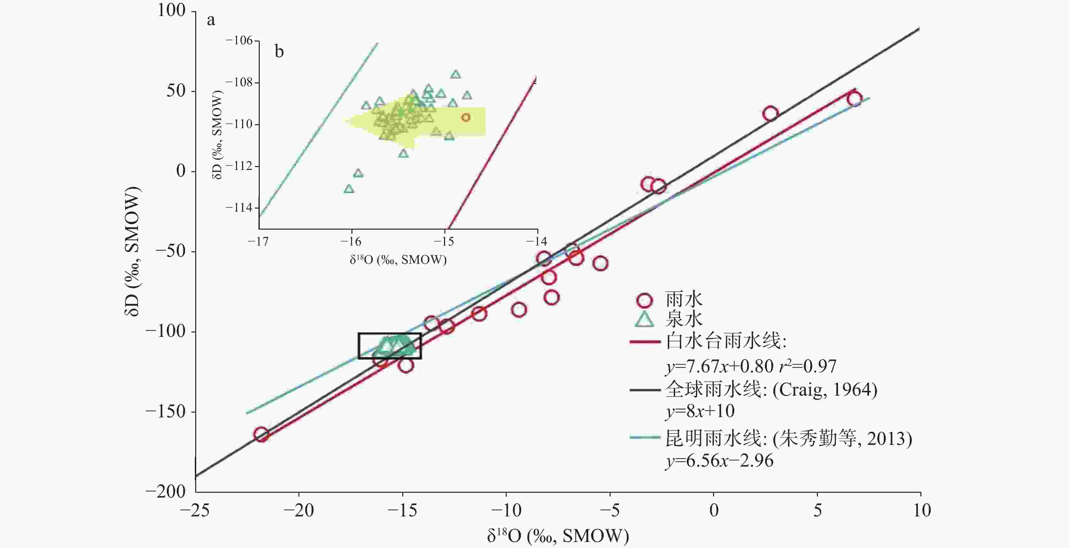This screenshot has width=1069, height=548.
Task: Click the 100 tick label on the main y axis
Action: [x=171, y=10]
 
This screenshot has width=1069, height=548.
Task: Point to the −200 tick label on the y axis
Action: [x=165, y=491]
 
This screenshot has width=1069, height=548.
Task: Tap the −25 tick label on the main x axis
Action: [x=195, y=510]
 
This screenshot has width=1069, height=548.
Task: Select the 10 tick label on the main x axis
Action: [x=922, y=510]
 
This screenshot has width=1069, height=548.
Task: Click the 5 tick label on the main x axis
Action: [x=817, y=510]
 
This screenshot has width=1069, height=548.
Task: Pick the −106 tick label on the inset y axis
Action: [x=239, y=41]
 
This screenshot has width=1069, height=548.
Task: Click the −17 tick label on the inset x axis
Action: [x=258, y=241]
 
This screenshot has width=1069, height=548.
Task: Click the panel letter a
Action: [x=211, y=20]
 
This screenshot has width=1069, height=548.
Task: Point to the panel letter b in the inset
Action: [x=279, y=51]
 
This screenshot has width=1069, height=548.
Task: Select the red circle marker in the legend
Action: [x=644, y=300]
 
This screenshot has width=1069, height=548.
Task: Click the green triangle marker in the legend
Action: [x=644, y=319]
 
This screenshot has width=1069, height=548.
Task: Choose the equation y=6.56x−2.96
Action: [x=719, y=461]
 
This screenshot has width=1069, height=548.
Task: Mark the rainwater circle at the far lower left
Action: [x=261, y=434]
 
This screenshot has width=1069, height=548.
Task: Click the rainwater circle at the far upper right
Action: [x=854, y=99]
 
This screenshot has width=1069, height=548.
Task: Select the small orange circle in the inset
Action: [x=465, y=118]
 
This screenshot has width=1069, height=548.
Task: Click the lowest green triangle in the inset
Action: [x=349, y=189]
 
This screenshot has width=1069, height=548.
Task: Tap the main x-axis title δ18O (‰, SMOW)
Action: [x=558, y=536]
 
